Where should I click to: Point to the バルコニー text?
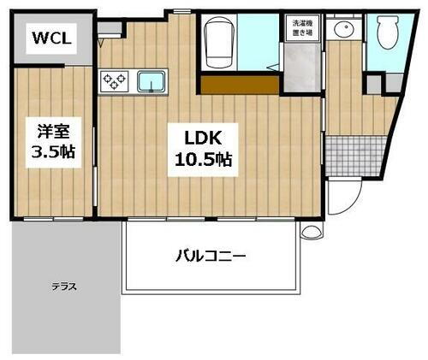point(211,255)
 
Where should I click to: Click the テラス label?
point(64,287)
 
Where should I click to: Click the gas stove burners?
point(114,82)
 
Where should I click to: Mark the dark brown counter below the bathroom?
point(240,84)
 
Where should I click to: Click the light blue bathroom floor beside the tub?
point(259,43)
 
